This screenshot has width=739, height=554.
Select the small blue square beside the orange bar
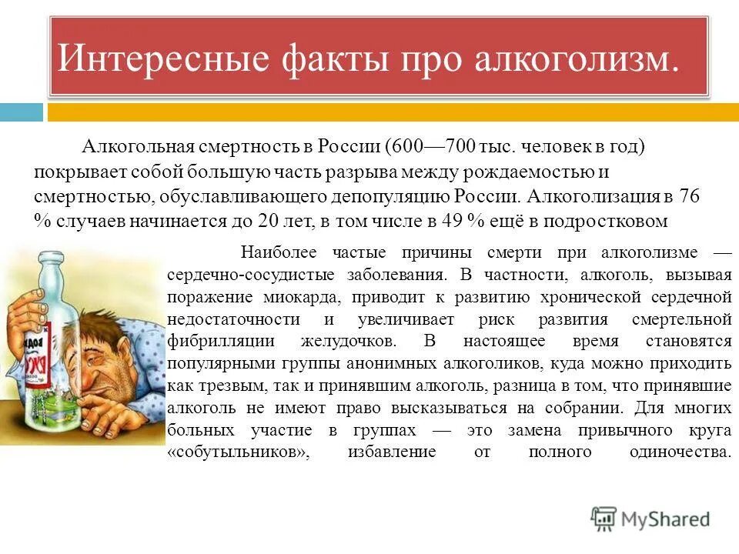point(21,112)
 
